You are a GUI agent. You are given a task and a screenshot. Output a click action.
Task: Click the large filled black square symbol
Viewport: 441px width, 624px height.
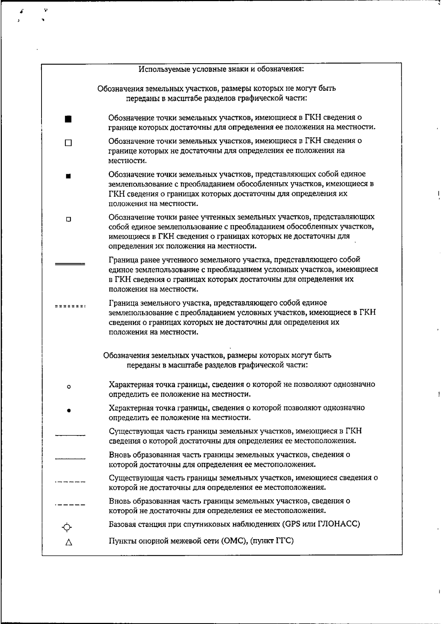point(68,119)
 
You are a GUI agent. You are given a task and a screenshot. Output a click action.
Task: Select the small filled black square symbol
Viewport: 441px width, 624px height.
point(68,176)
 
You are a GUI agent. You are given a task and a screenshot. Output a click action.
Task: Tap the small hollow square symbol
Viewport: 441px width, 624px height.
point(68,219)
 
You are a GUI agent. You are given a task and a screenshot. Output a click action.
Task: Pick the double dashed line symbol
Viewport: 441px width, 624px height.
point(70,306)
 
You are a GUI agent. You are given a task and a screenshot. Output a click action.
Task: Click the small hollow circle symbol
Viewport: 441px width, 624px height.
point(69,387)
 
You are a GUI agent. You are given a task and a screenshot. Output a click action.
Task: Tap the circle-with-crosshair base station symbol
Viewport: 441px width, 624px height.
point(67,527)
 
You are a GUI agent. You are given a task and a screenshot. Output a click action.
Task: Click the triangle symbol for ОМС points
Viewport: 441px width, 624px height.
point(68,543)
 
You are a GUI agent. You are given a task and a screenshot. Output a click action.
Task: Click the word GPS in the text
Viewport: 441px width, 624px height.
point(293,524)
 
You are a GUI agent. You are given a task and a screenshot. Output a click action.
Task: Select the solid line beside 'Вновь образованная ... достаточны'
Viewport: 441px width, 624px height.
point(70,459)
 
